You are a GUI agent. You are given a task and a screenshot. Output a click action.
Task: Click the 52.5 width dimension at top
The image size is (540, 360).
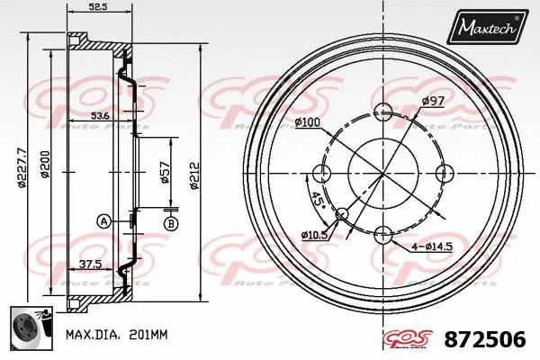(98, 7)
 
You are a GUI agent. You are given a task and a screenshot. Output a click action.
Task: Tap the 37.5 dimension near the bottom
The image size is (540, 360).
(88, 265)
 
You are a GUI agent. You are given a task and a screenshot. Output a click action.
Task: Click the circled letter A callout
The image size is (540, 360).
(104, 221)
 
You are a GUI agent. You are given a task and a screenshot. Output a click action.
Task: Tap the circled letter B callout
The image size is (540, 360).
(171, 222)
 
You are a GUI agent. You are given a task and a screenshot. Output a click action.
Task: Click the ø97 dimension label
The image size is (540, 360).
(433, 101)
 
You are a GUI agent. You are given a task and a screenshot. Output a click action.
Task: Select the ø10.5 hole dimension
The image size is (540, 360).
(314, 235)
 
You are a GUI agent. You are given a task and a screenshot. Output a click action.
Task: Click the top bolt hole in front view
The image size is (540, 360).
(383, 112)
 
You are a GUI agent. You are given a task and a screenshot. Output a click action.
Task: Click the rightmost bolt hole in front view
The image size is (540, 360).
(443, 173)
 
